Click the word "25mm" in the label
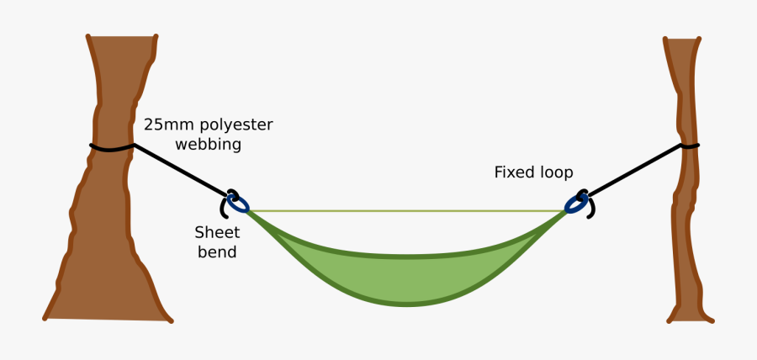point(167,125)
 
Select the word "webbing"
point(209,145)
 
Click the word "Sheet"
point(217,232)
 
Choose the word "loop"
point(556,173)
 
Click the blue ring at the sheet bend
point(239,204)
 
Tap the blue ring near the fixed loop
point(577,204)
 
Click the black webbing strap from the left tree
point(181,172)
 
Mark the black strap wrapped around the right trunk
point(688,146)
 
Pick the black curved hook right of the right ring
point(591,207)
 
